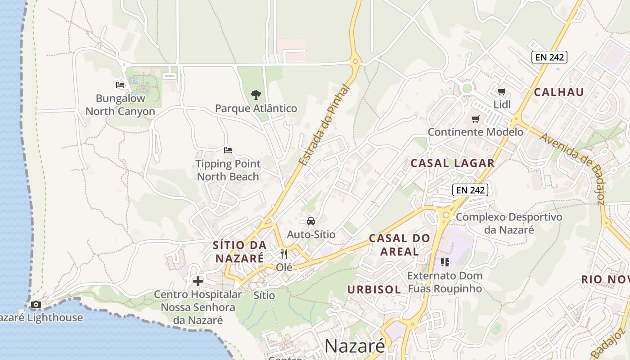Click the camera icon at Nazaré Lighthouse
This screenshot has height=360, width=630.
point(36,305)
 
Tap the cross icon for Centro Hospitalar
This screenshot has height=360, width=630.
point(198,282)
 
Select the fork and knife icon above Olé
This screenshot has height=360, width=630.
point(284,254)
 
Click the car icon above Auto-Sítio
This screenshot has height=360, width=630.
point(310,221)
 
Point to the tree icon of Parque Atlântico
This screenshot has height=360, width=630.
point(256,95)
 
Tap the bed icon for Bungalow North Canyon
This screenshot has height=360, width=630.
point(120,85)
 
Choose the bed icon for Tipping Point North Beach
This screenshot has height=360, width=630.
point(228,150)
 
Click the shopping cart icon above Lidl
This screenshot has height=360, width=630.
point(501,92)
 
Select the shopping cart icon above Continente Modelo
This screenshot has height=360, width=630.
point(475,119)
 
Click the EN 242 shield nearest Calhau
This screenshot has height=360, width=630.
point(549,57)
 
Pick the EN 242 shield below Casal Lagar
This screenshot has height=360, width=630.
point(470,190)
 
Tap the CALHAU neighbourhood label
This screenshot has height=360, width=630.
point(559,92)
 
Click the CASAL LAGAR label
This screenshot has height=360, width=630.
point(452,163)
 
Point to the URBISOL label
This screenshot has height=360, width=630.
point(373,289)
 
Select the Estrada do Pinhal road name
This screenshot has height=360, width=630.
point(324,125)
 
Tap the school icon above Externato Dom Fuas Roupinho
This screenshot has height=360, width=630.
point(445,262)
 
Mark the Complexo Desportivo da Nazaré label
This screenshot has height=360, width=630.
point(509,223)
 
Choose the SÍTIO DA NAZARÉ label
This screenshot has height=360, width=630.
point(239,252)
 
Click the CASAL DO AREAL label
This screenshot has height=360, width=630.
point(399,244)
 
